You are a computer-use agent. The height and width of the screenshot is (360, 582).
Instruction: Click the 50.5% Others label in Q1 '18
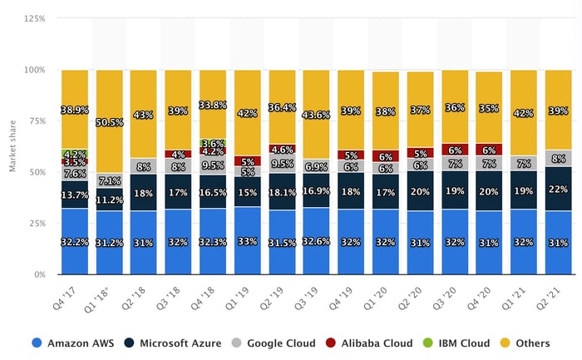110,122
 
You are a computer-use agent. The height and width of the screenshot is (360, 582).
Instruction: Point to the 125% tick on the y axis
33,17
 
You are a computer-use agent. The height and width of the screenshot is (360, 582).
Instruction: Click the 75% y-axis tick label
36,120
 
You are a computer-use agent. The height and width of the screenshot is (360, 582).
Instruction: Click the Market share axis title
12,145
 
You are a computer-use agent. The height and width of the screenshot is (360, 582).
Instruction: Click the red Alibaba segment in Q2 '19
282,150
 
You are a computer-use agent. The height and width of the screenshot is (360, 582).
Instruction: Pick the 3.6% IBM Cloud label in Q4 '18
214,144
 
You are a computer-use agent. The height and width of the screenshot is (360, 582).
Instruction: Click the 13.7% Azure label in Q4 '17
75,195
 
